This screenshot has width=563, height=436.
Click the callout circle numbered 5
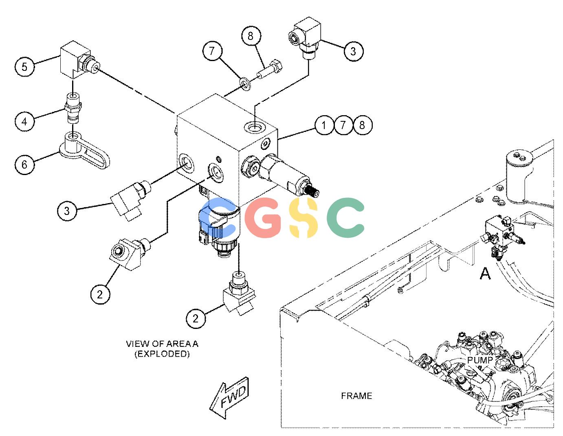[x=24, y=66]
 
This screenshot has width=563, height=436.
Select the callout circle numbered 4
[x=24, y=121]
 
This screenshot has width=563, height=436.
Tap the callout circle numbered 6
[x=24, y=164]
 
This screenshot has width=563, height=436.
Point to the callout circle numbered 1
[x=324, y=125]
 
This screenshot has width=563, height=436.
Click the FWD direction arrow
[x=229, y=397]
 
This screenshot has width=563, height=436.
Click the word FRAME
[x=356, y=396]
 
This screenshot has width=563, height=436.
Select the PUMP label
[x=480, y=359]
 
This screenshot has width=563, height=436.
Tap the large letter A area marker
[x=485, y=274]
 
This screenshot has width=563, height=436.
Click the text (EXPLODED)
[x=162, y=354]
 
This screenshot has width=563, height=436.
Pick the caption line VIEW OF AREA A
[x=162, y=344]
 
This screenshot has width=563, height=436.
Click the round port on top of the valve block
[x=255, y=127]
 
